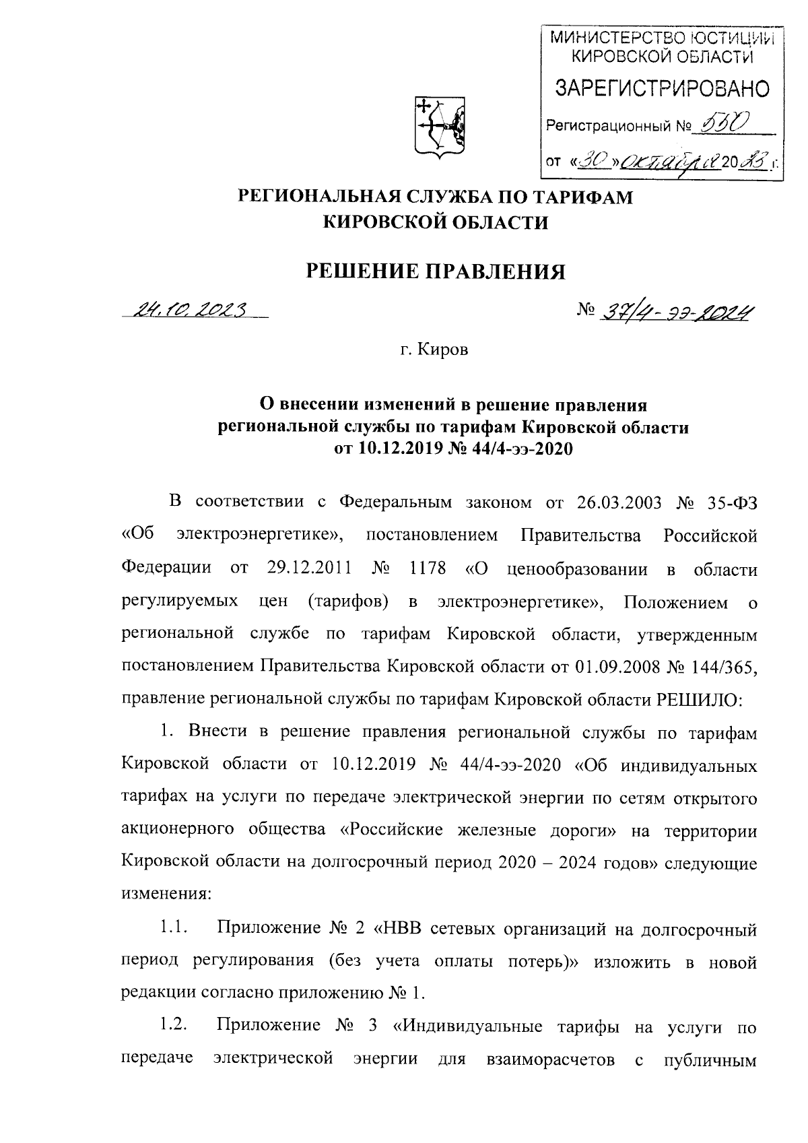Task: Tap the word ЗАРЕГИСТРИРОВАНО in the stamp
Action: point(662,88)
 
